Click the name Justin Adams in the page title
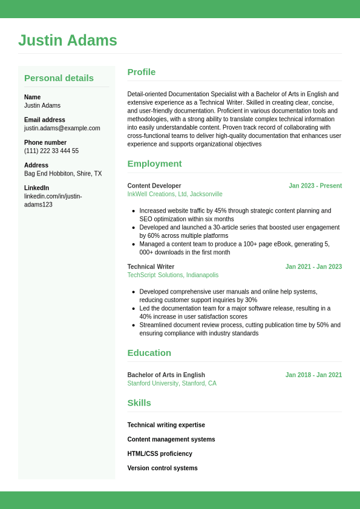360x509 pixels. (x=68, y=41)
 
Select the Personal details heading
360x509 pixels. (x=59, y=78)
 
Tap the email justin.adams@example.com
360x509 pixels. (x=62, y=128)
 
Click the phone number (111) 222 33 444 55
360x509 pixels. (x=51, y=151)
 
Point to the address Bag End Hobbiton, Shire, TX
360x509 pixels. (x=63, y=174)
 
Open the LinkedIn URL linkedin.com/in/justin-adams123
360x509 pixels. (x=53, y=200)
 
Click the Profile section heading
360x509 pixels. (x=142, y=72)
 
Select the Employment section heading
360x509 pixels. (x=154, y=163)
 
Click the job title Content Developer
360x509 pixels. (x=154, y=186)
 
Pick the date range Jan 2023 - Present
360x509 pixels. (x=315, y=186)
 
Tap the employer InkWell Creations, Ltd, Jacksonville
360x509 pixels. (x=175, y=194)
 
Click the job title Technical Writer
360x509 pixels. (x=151, y=267)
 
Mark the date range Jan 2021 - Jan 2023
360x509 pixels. (x=313, y=267)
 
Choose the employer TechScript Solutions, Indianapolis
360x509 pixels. (x=173, y=275)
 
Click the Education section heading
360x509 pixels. (x=149, y=353)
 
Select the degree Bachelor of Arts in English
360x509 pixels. (x=166, y=375)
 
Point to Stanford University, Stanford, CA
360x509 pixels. (x=172, y=384)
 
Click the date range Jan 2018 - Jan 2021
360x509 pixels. (x=313, y=375)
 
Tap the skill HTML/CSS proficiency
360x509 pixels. (x=160, y=454)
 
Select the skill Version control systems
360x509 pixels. (x=162, y=468)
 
